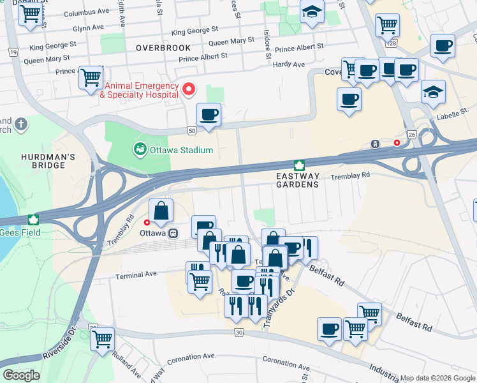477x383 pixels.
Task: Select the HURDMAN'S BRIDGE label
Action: tap(43, 161)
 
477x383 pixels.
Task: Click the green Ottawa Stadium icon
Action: tap(138, 150)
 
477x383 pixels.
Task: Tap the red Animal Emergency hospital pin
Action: tap(188, 89)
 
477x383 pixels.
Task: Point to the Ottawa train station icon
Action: tap(173, 233)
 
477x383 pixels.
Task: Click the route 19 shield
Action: tap(13, 52)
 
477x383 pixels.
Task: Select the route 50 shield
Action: tap(192, 130)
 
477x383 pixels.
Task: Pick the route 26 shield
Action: tap(412, 135)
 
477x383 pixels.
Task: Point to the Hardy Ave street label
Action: tap(288, 64)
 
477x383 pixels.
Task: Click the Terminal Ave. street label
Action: tap(136, 274)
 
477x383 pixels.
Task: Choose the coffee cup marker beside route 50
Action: tap(209, 115)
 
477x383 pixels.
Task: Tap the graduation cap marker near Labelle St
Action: tap(433, 91)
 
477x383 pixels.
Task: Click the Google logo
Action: tap(20, 375)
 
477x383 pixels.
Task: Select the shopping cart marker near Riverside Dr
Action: tap(102, 339)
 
